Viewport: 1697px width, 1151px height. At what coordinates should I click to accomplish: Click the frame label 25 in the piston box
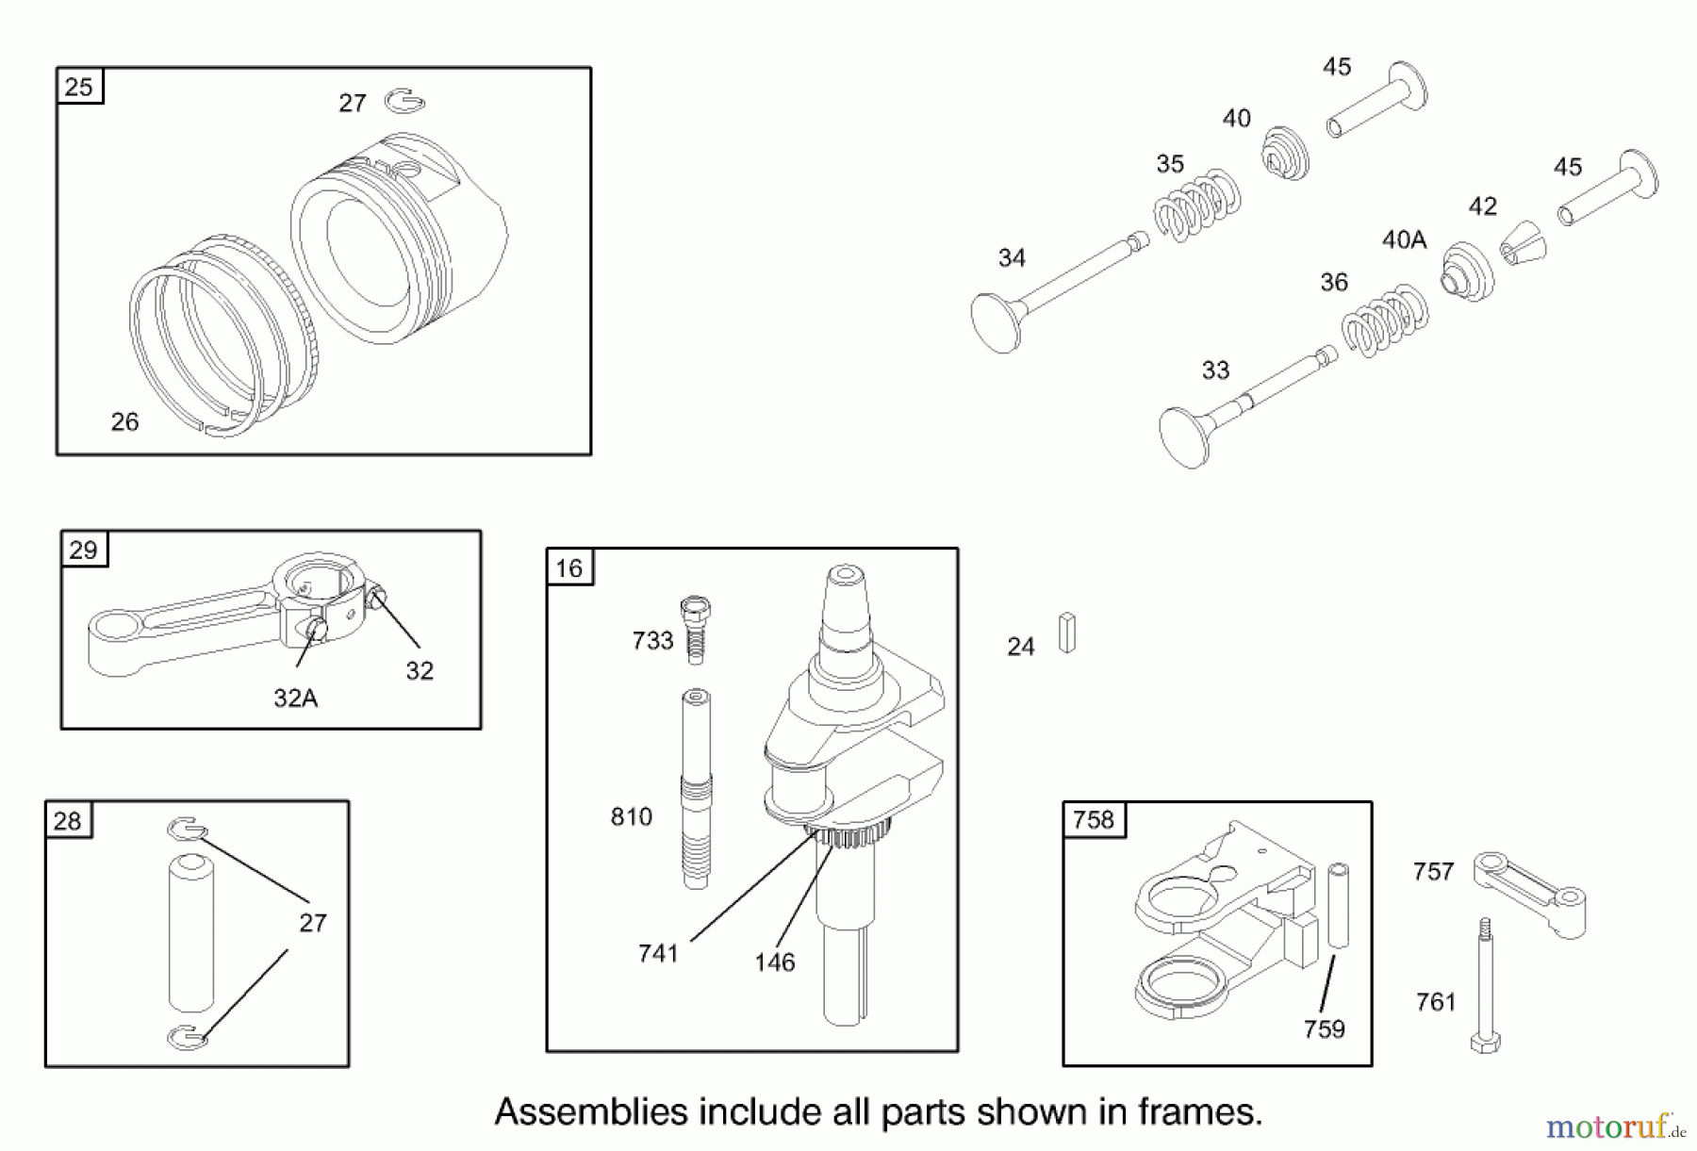pyautogui.click(x=79, y=87)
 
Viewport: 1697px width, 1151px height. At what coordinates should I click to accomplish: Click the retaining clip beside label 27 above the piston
pyautogui.click(x=405, y=100)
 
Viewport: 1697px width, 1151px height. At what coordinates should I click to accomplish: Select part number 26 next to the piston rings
pyautogui.click(x=124, y=422)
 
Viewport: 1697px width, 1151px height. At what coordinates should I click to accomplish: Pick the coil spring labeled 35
pyautogui.click(x=1197, y=207)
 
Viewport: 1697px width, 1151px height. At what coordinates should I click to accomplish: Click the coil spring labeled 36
pyautogui.click(x=1384, y=321)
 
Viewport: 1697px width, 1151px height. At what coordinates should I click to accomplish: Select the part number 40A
pyautogui.click(x=1404, y=240)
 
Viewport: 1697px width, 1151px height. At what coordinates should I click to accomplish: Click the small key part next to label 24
pyautogui.click(x=1066, y=633)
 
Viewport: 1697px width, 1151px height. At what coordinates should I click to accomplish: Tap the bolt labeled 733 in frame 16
pyautogui.click(x=695, y=629)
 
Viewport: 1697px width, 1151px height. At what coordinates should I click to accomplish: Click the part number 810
pyautogui.click(x=631, y=816)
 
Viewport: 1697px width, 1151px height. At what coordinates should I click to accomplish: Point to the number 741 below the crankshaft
pyautogui.click(x=657, y=954)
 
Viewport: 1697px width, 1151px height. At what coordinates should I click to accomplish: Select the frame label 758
pyautogui.click(x=1093, y=820)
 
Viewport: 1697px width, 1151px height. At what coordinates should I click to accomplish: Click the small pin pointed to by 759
pyautogui.click(x=1338, y=905)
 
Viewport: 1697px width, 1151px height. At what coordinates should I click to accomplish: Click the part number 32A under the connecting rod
pyautogui.click(x=295, y=698)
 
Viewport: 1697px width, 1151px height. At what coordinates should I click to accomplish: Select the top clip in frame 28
pyautogui.click(x=187, y=829)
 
